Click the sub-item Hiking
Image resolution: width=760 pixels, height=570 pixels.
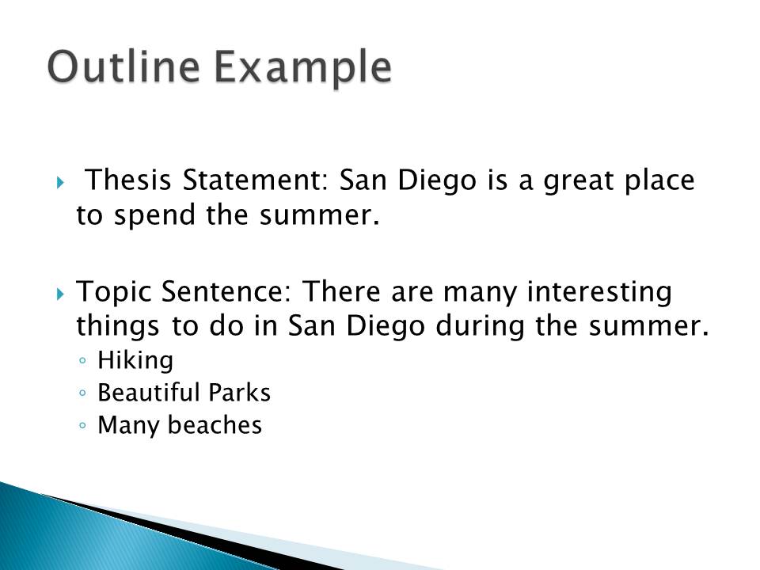pos(135,361)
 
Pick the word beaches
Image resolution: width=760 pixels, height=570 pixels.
pos(212,426)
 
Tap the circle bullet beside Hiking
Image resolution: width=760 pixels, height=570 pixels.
pos(84,362)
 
